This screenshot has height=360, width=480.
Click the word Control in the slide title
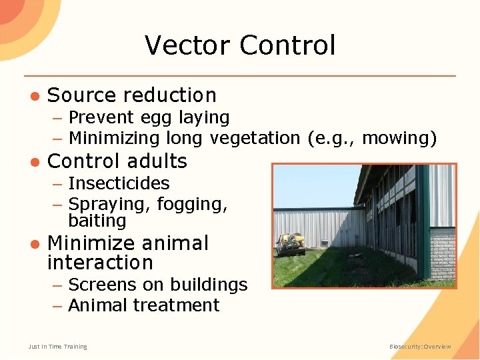287,45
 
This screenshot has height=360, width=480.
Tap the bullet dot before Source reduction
33,95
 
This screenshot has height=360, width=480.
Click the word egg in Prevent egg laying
156,118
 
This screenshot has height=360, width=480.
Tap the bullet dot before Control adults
33,161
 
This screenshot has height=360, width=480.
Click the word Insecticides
119,183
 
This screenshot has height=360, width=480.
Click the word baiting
97,221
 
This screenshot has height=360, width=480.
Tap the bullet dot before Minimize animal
33,243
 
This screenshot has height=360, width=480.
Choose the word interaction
100,262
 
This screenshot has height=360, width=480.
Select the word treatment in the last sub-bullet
178,305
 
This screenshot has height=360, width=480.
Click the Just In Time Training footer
57,347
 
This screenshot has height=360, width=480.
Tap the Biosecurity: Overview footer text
420,347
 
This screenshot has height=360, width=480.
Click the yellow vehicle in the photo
291,243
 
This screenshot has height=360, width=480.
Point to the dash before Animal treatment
58,305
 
